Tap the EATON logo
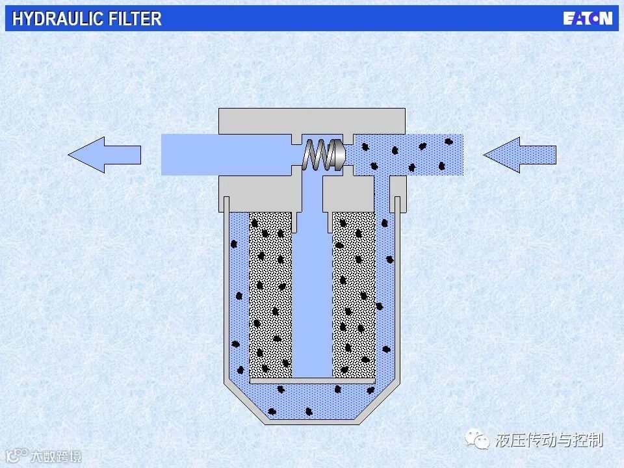[587, 18]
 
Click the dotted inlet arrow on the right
[520, 155]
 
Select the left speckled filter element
[270, 292]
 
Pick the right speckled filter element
[354, 292]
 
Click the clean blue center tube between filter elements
[312, 292]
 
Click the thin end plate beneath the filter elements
[312, 380]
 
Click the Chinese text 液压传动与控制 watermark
[549, 440]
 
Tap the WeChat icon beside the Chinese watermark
[482, 441]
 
